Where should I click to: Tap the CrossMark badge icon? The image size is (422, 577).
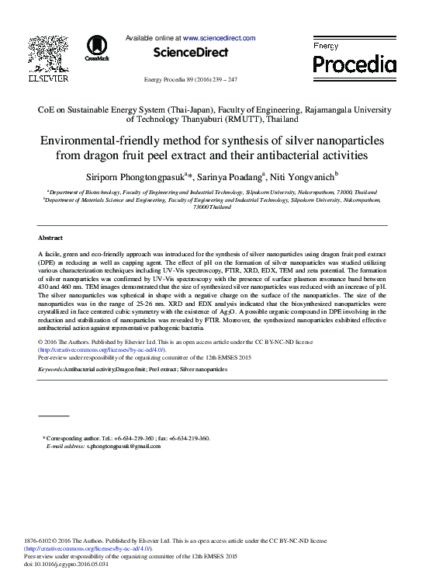point(97,48)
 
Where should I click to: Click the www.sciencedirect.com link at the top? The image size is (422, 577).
point(219,37)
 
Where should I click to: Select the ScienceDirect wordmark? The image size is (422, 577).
point(190,52)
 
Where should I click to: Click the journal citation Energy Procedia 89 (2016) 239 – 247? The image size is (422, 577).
point(190,80)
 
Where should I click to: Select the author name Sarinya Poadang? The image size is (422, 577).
point(231,178)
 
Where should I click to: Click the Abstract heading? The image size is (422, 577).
point(50,237)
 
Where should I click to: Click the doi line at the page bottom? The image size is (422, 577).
point(67,564)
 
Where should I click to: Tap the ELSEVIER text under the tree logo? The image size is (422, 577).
point(48,79)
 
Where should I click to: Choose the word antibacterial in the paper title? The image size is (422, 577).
point(299,155)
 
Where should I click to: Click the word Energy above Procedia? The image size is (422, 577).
point(326,47)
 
